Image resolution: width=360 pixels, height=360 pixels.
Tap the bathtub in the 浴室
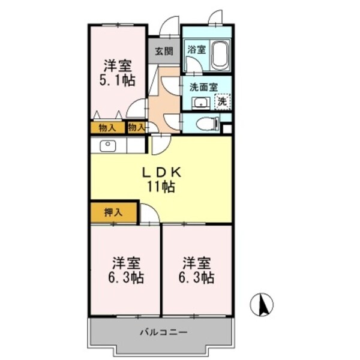pos(219,56)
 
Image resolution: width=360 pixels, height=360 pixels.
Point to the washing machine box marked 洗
pos(221,101)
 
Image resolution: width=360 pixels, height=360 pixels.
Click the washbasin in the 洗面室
pos(200,103)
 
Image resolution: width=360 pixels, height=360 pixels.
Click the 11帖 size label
pos(161,187)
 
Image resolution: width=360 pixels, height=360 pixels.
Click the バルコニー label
pos(163,332)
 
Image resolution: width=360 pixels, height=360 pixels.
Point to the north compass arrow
pos(262,305)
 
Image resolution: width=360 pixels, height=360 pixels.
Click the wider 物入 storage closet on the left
pos(107,127)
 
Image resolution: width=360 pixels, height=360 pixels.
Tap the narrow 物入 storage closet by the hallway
pos(136,127)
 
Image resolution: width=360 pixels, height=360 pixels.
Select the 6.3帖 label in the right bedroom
pos(197,278)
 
